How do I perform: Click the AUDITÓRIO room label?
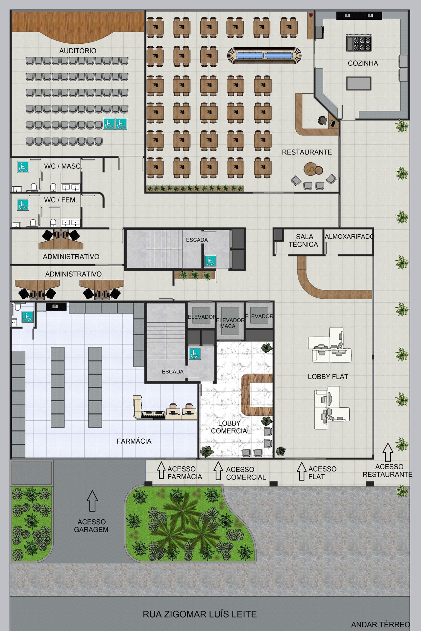[78, 51]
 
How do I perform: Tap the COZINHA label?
[363, 63]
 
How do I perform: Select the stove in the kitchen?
[359, 43]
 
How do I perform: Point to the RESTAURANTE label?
[307, 152]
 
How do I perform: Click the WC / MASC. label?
[63, 166]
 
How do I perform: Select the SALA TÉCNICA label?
[304, 241]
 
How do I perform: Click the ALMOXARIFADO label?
[349, 237]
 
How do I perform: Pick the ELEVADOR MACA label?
[230, 323]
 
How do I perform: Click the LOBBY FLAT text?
[328, 377]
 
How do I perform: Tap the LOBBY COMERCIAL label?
[231, 427]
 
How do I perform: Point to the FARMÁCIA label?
[134, 441]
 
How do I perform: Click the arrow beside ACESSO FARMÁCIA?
[161, 470]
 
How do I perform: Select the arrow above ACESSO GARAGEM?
[92, 501]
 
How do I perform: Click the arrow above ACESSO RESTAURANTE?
[388, 452]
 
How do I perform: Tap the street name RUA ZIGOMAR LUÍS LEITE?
[200, 614]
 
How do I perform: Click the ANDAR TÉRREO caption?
[381, 625]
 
